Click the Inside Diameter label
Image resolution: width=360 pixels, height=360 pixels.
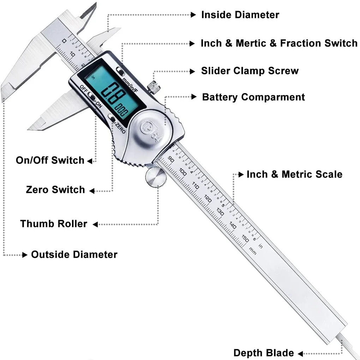coord(240,15)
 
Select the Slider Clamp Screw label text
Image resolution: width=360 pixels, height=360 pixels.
coord(250,71)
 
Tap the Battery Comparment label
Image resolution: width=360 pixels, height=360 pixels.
coord(253,97)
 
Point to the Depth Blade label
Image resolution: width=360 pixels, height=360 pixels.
coord(263,353)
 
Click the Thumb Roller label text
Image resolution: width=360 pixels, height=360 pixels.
coord(54,224)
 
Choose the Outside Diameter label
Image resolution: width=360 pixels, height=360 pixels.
coord(74,254)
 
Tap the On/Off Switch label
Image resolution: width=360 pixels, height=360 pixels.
coord(50,160)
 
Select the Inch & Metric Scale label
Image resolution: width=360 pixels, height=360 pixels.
coord(294,174)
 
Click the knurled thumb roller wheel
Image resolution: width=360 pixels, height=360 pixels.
coord(156,177)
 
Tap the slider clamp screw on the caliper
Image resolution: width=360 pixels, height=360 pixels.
coord(152,86)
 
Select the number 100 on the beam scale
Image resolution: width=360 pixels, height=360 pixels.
coord(183,172)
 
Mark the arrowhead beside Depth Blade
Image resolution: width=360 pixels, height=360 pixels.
coord(300,353)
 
